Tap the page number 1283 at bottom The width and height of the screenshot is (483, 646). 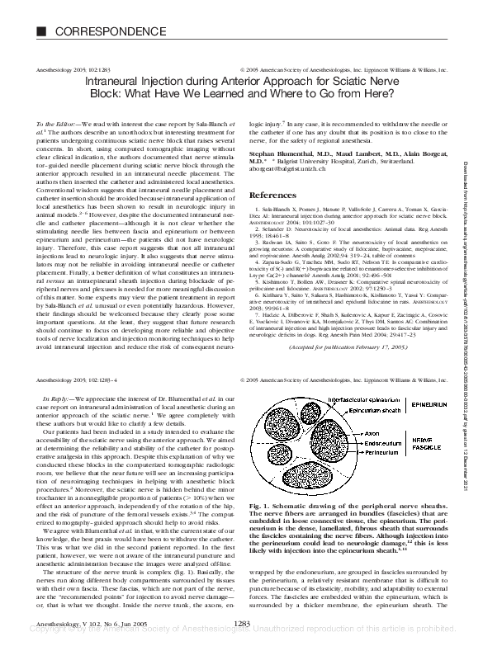point(242,625)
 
